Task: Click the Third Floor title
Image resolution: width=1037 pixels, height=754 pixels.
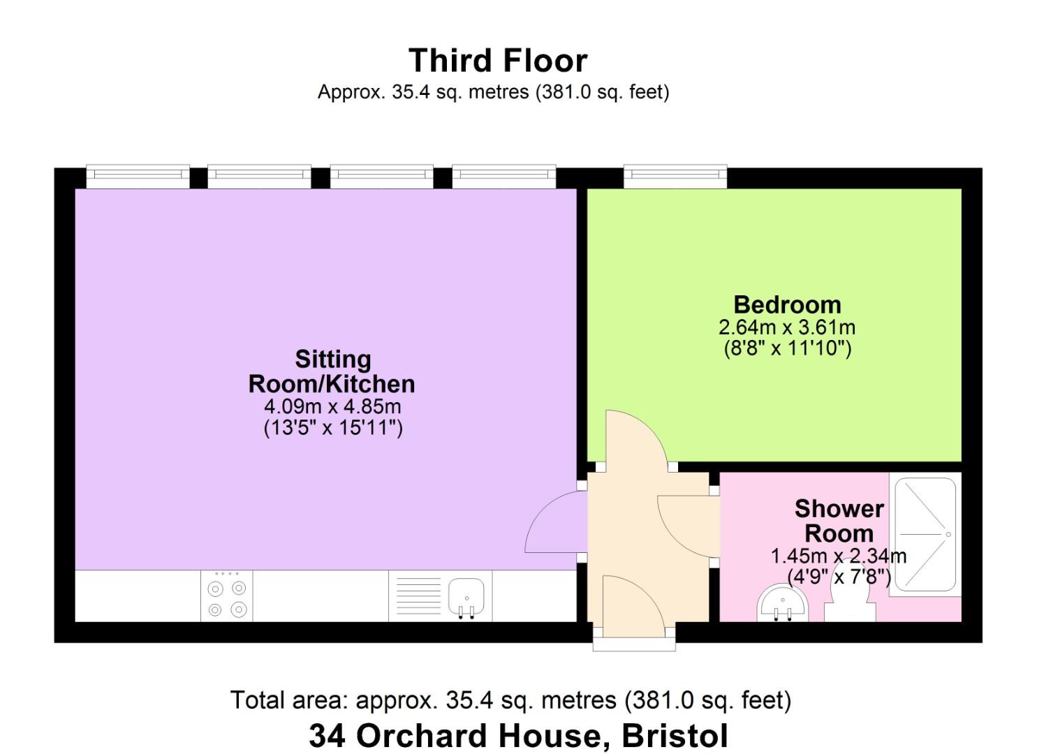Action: [497, 61]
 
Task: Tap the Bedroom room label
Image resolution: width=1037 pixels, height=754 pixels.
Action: [787, 305]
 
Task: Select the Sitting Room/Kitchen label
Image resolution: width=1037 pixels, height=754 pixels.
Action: [332, 371]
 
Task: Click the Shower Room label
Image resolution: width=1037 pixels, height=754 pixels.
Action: [839, 521]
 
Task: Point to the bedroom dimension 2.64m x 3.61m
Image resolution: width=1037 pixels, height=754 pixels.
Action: [787, 327]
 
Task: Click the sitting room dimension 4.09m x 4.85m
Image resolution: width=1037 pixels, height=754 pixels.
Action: [332, 406]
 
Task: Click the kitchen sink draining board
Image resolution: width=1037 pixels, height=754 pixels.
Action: [418, 596]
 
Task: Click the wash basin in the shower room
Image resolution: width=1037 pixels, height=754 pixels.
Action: [782, 605]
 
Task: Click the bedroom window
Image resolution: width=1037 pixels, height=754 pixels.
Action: [675, 177]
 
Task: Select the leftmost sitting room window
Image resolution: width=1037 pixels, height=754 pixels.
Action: [138, 177]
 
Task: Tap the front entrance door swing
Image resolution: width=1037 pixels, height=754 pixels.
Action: [628, 606]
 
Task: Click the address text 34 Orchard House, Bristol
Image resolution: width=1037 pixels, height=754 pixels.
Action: [518, 736]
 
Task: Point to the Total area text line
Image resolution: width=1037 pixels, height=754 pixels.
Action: [510, 700]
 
